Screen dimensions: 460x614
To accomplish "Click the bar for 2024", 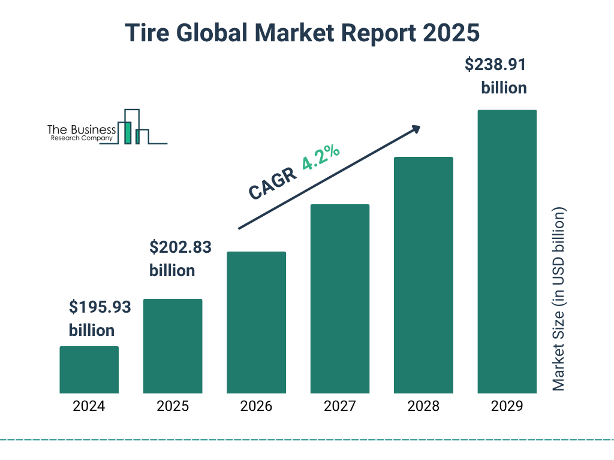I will pyautogui.click(x=89, y=370).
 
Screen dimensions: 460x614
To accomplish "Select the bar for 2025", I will pyautogui.click(x=173, y=346).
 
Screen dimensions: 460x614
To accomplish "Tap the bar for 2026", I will pyautogui.click(x=256, y=322).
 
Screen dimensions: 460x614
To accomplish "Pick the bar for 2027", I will pyautogui.click(x=340, y=298).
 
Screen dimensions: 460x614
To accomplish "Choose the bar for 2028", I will pyautogui.click(x=423, y=275).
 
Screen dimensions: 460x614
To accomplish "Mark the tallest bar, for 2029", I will pyautogui.click(x=507, y=252).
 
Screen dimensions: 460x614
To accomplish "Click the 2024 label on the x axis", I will pyautogui.click(x=89, y=406).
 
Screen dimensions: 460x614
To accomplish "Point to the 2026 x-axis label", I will pyautogui.click(x=256, y=406).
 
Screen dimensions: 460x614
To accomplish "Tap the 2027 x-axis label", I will pyautogui.click(x=340, y=406).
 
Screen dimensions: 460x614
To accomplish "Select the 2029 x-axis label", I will pyautogui.click(x=507, y=406).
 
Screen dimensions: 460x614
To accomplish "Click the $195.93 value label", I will pyautogui.click(x=100, y=307).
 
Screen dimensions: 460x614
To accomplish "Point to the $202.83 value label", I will pyautogui.click(x=180, y=247).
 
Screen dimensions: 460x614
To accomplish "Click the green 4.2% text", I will pyautogui.click(x=321, y=158).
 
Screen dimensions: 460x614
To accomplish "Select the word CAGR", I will pyautogui.click(x=272, y=184).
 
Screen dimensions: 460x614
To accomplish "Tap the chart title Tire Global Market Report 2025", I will pyautogui.click(x=303, y=33).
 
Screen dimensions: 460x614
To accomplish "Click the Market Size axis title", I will pyautogui.click(x=559, y=299).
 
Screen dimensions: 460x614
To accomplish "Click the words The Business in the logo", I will pyautogui.click(x=82, y=130).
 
